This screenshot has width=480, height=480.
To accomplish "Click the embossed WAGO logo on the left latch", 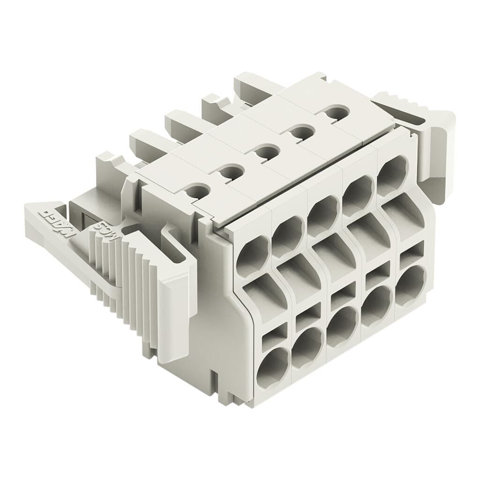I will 57,221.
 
